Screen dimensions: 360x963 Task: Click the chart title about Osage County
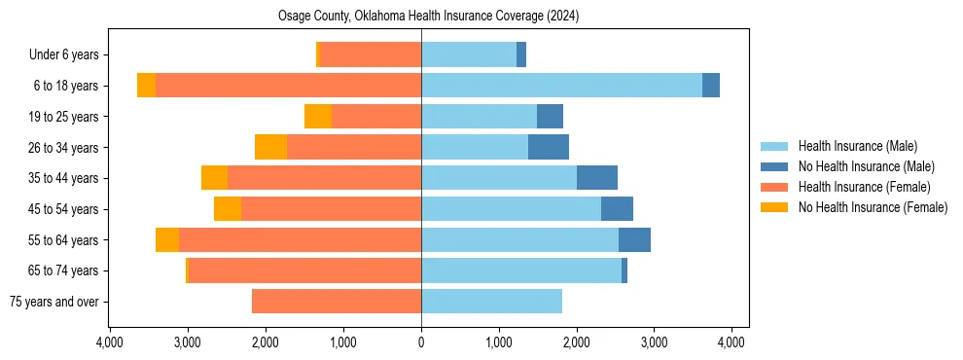(x=421, y=17)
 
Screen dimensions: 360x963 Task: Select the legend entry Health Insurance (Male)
(x=857, y=146)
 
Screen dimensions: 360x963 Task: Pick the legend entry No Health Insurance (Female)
(x=872, y=207)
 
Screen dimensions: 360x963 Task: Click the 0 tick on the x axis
(x=421, y=342)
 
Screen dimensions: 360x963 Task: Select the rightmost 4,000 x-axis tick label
(x=731, y=342)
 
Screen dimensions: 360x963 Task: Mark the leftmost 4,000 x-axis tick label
(x=110, y=342)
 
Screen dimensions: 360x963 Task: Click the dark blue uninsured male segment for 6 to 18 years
(x=711, y=86)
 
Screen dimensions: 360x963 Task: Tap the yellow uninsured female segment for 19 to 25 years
(x=318, y=117)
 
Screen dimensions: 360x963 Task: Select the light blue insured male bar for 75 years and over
(x=491, y=302)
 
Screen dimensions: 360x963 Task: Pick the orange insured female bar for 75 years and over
(x=337, y=302)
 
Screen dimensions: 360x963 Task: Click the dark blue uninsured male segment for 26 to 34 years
(x=549, y=148)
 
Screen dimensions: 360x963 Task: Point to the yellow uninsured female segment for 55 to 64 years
(x=167, y=240)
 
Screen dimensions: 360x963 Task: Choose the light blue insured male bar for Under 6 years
(x=469, y=55)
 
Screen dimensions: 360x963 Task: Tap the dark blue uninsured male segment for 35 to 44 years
(x=597, y=178)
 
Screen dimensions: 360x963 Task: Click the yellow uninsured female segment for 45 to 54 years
(x=228, y=209)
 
